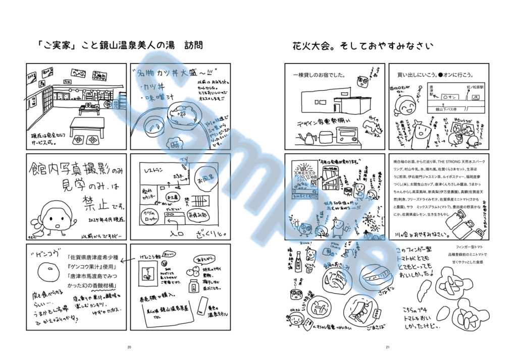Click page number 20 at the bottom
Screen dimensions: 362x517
point(129,347)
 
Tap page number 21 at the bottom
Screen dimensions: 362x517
point(388,347)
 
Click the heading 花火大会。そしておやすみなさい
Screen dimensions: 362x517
point(363,46)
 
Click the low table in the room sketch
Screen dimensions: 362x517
point(87,124)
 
